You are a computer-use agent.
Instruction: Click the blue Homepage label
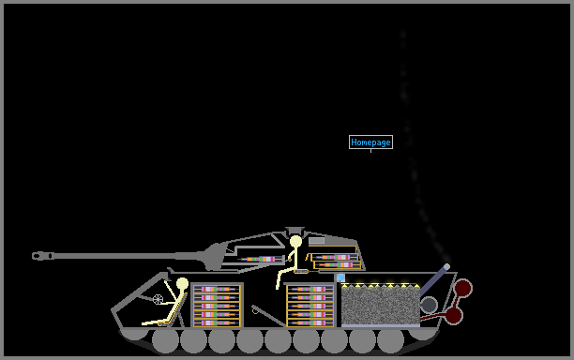(x=370, y=142)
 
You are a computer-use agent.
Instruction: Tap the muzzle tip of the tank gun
(x=34, y=256)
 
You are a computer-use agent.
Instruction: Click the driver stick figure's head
(x=182, y=284)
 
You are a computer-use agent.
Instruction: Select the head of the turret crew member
(x=295, y=242)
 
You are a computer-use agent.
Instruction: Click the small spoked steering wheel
(x=158, y=299)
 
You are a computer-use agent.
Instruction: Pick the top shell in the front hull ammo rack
(x=217, y=290)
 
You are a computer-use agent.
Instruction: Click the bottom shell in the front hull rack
(x=217, y=323)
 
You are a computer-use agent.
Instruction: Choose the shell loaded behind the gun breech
(x=261, y=259)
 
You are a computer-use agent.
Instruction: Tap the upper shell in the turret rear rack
(x=334, y=257)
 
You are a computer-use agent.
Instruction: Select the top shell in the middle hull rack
(x=310, y=290)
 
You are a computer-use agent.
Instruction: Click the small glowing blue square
(x=340, y=277)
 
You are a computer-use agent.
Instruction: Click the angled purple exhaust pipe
(x=435, y=280)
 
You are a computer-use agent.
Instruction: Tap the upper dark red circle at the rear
(x=463, y=288)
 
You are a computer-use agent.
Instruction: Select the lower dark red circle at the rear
(x=454, y=315)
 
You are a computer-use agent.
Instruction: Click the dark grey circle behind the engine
(x=429, y=305)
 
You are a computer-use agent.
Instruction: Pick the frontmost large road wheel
(x=165, y=340)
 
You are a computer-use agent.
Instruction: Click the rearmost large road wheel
(x=390, y=340)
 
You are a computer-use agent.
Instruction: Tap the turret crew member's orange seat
(x=301, y=272)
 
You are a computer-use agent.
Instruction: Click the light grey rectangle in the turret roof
(x=317, y=241)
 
